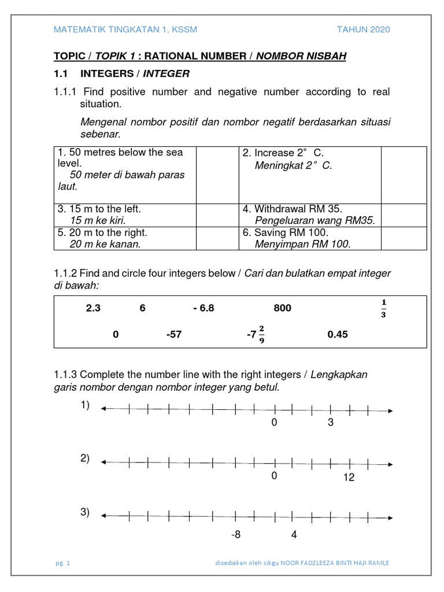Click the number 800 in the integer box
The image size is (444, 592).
tap(283, 308)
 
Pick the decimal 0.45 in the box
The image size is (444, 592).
tap(338, 335)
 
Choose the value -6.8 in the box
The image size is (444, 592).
tap(203, 308)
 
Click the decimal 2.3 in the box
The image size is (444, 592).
tap(93, 308)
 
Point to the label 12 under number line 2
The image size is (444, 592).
tap(348, 478)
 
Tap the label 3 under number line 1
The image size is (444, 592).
tap(331, 423)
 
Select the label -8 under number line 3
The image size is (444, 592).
tap(235, 535)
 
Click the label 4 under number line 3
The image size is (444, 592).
tap(294, 535)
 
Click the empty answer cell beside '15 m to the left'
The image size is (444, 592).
tap(218, 214)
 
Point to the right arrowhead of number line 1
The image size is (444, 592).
tap(391, 410)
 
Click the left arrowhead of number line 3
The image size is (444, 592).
tap(103, 515)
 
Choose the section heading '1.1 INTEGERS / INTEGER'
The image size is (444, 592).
tap(121, 74)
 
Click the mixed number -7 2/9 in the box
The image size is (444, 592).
tap(255, 334)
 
